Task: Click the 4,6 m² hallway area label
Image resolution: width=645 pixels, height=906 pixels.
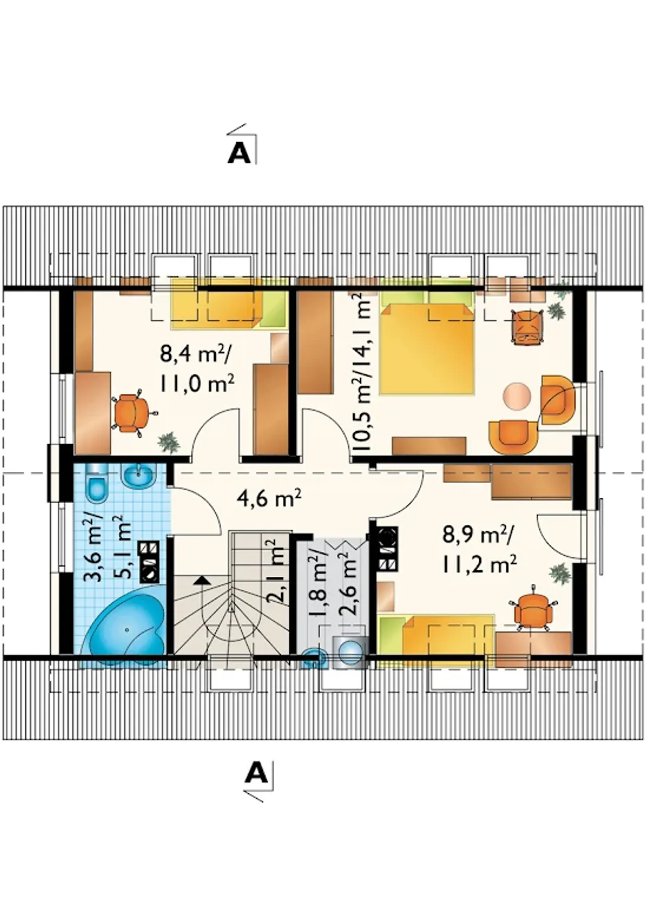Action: coord(269,500)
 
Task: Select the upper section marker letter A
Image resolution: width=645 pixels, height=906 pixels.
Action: coord(239,153)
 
